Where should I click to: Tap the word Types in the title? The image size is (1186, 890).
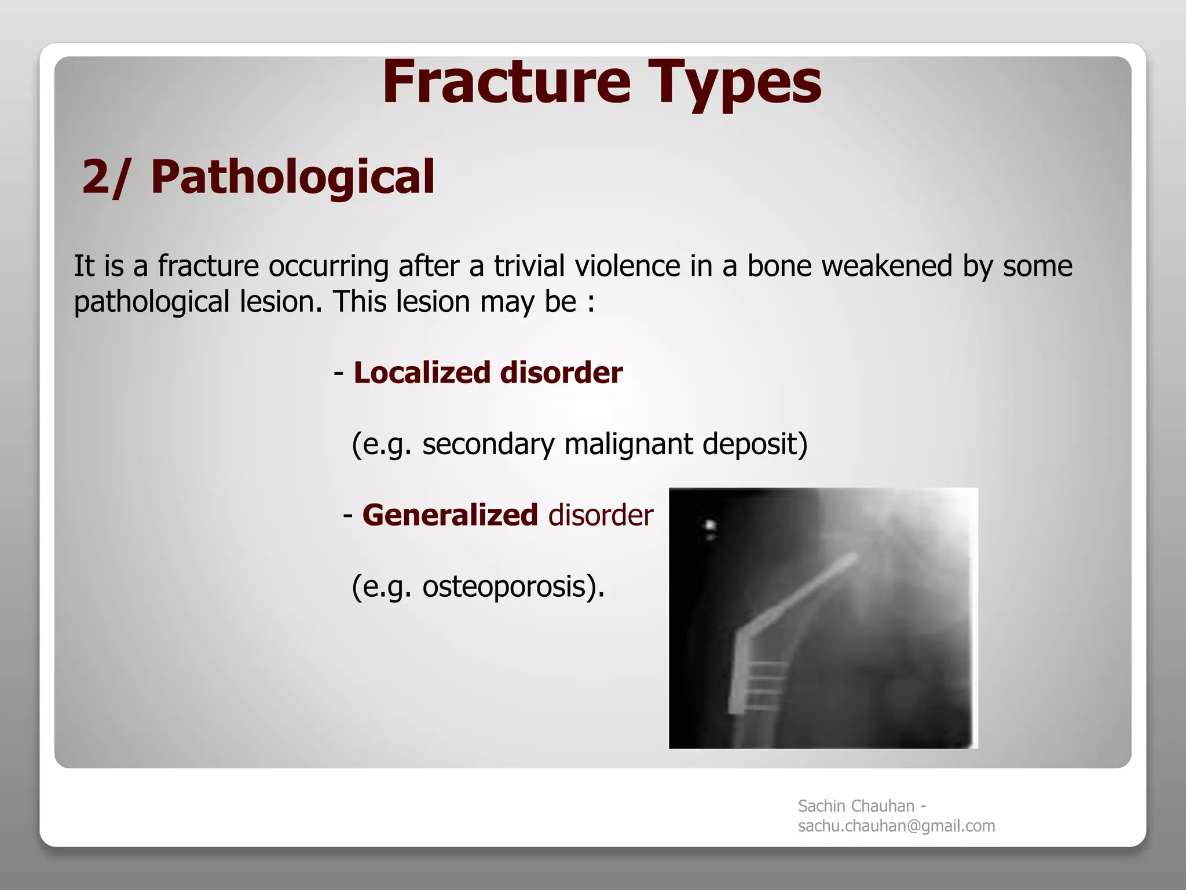click(x=734, y=84)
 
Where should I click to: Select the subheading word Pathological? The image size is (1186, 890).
click(x=292, y=176)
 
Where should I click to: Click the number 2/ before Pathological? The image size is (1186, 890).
click(x=105, y=176)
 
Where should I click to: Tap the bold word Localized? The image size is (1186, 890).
click(x=421, y=372)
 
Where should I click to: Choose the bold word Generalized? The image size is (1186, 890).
click(x=450, y=515)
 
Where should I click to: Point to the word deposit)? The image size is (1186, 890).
click(x=754, y=444)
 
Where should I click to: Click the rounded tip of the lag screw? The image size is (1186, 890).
click(x=853, y=558)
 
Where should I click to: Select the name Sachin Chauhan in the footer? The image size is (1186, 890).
click(x=856, y=806)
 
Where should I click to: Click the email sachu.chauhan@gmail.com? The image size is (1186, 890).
click(x=896, y=826)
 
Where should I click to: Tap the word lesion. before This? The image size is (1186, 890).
click(x=280, y=302)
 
